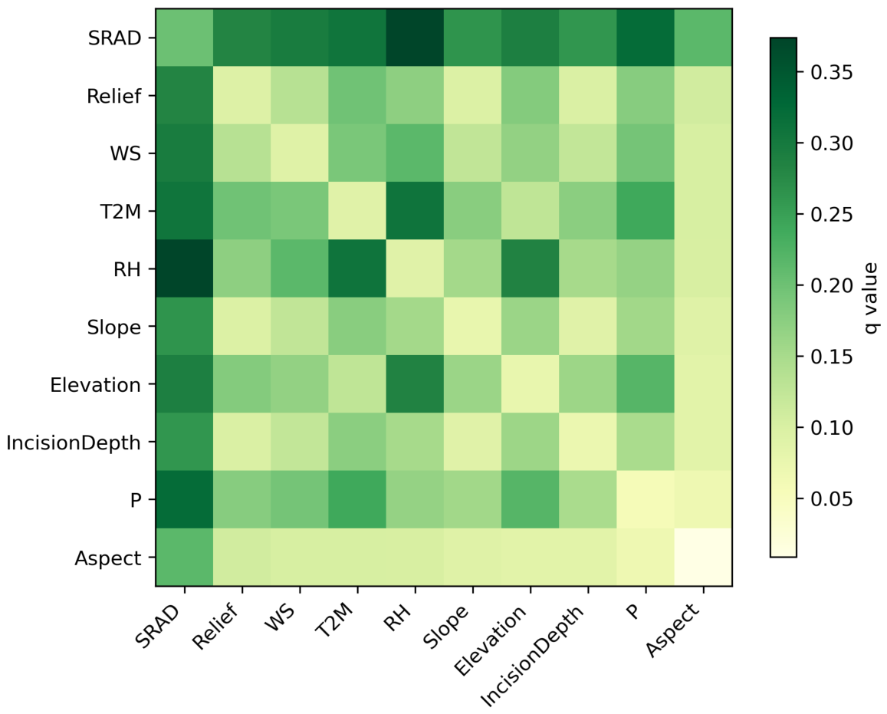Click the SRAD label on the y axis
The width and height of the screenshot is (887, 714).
(x=114, y=38)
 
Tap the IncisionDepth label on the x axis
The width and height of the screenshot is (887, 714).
(x=532, y=656)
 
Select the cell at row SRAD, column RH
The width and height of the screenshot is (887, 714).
(x=416, y=38)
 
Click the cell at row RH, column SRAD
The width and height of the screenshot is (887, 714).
(x=185, y=268)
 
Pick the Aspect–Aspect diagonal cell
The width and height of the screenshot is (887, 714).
(x=703, y=557)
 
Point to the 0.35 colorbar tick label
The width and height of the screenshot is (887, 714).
(x=831, y=72)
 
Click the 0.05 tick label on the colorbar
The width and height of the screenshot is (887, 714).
(x=831, y=499)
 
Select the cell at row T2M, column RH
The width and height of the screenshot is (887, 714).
(x=416, y=210)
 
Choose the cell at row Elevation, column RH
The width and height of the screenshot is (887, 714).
(x=416, y=383)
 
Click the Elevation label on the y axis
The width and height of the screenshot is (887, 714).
(x=95, y=385)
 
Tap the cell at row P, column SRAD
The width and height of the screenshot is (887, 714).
(x=185, y=499)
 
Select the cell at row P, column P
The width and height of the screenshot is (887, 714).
(x=646, y=499)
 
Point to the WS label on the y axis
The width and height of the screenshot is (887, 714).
(x=126, y=154)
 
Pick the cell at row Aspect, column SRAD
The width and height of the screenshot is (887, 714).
(x=185, y=557)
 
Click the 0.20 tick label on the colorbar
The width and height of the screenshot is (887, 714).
(x=831, y=286)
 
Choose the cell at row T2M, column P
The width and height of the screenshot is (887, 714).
(x=646, y=210)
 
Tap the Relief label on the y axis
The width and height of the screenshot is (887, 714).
(x=113, y=96)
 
